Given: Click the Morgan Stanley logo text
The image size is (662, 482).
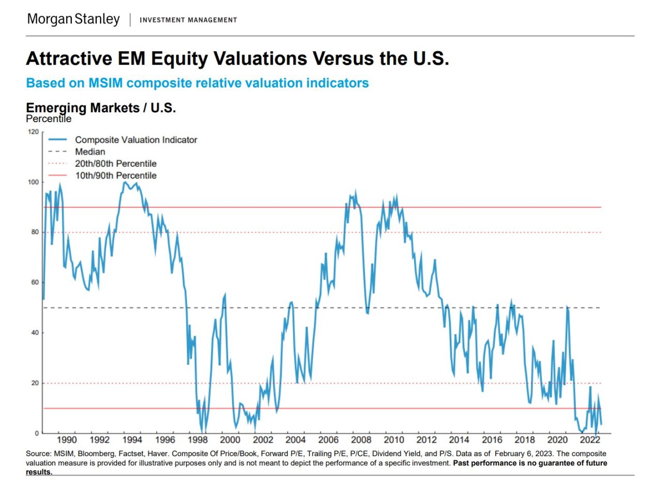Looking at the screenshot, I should tap(73, 20).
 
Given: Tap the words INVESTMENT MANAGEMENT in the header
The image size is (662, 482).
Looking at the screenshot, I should tap(188, 20).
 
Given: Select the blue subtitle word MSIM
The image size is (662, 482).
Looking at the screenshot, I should tap(107, 83).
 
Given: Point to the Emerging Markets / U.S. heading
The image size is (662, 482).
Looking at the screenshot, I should tap(101, 108).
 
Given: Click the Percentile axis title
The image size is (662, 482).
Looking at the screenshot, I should tap(49, 119).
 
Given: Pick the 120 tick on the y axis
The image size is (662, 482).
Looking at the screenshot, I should tap(34, 132).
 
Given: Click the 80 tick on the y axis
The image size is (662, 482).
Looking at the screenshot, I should tap(35, 232).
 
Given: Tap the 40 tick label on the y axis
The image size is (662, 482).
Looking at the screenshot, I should tap(35, 333).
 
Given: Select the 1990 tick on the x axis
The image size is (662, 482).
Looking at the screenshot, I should tap(67, 440).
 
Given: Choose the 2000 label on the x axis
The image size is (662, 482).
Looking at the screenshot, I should tap(230, 440).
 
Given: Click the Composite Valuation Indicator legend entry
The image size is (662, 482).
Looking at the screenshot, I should tap(136, 140).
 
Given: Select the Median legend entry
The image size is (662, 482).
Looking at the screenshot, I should tap(90, 152).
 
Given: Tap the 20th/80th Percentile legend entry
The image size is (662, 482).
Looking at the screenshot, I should tap(115, 164).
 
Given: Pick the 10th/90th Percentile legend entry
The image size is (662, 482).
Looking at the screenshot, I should tap(115, 176).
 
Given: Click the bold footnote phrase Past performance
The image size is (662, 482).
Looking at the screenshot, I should tap(482, 463).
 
